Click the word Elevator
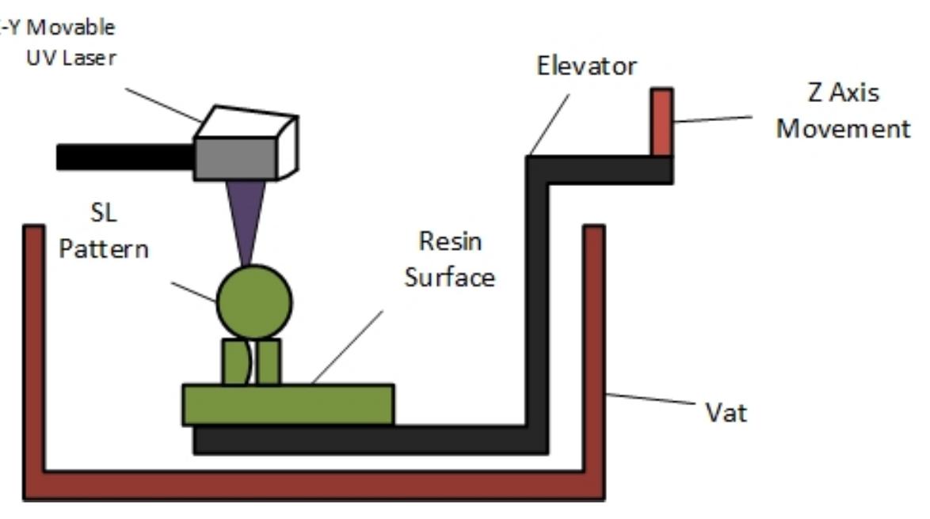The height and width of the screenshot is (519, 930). click(x=586, y=66)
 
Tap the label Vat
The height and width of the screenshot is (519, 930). click(x=726, y=412)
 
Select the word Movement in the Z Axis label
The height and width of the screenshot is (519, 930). click(x=843, y=128)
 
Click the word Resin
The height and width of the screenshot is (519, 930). click(x=450, y=241)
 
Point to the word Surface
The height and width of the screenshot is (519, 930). click(x=450, y=277)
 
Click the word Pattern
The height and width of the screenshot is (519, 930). click(x=104, y=249)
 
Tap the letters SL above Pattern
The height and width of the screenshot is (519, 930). click(x=104, y=214)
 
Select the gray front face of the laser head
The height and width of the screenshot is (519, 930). click(x=235, y=158)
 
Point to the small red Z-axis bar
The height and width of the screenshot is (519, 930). click(x=661, y=122)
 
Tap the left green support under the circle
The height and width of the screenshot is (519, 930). click(x=234, y=362)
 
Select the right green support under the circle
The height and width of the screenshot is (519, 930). click(x=269, y=362)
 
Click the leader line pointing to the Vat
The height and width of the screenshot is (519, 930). click(x=650, y=400)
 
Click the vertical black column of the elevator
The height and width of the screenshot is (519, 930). click(x=536, y=301)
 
